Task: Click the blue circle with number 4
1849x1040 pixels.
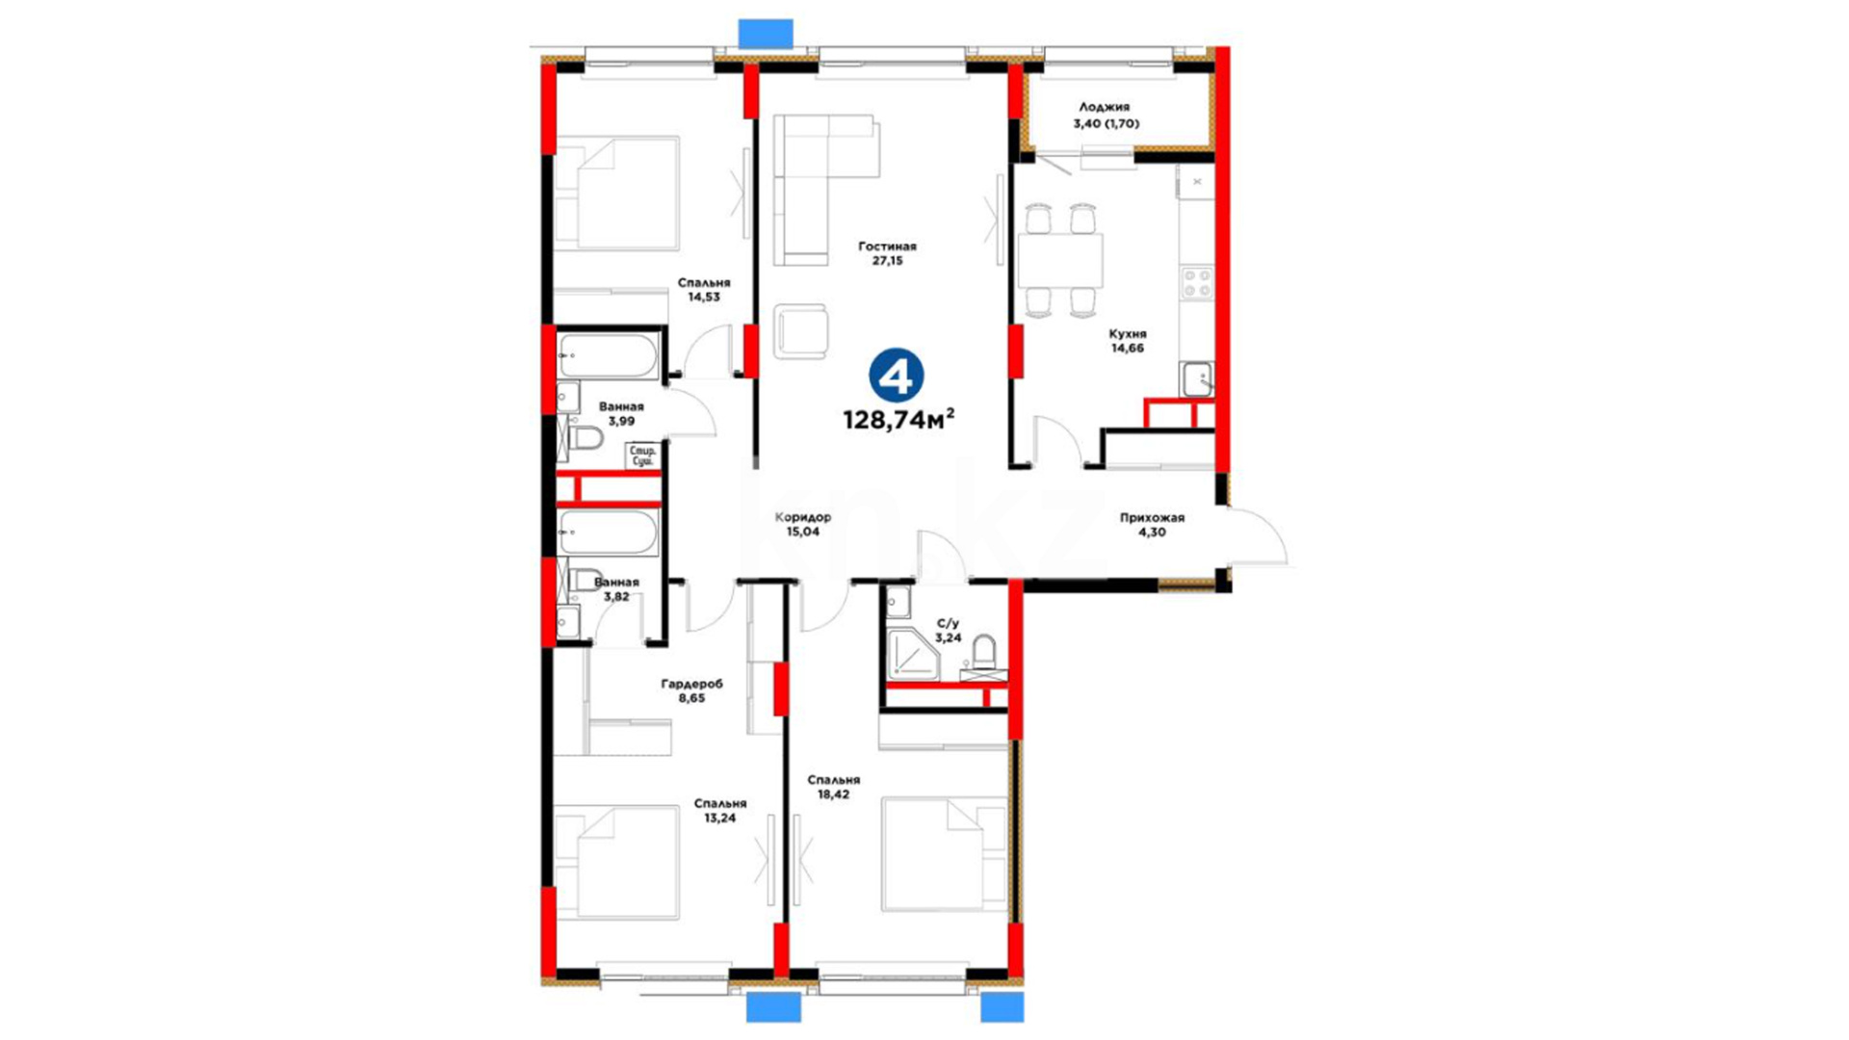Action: (x=896, y=376)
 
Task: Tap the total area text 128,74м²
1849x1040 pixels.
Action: (x=898, y=419)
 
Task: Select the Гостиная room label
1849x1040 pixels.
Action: (x=887, y=247)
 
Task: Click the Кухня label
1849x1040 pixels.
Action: (x=1128, y=334)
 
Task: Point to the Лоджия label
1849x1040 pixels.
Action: (x=1104, y=108)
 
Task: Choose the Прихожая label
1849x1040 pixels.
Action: (x=1152, y=517)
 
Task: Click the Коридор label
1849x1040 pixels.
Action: (x=802, y=517)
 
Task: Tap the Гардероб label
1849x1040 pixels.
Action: (x=691, y=684)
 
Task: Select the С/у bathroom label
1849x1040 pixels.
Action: (x=948, y=624)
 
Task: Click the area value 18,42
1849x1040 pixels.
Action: (x=833, y=794)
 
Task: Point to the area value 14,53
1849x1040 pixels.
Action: (x=703, y=298)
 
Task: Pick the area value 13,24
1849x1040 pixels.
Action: (x=719, y=819)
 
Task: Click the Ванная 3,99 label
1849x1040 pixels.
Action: (x=620, y=414)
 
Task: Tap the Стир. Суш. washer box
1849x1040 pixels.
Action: (x=641, y=455)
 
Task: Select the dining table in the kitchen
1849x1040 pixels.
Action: (x=1060, y=260)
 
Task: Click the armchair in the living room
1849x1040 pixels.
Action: (x=800, y=332)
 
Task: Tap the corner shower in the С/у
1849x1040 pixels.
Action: (x=912, y=655)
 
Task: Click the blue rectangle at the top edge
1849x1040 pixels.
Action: (x=766, y=33)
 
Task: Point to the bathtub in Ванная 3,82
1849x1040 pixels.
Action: (x=609, y=533)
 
